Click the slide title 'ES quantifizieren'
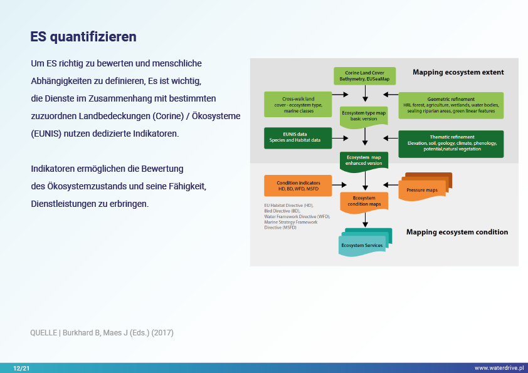tap(83, 37)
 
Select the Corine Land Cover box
tap(364, 76)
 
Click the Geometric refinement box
tap(451, 105)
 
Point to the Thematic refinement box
tap(451, 143)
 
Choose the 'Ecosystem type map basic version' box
tap(364, 115)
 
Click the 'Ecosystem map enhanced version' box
tap(364, 160)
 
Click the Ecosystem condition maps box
tap(364, 201)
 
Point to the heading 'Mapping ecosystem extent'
tap(458, 73)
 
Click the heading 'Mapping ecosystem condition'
tap(457, 232)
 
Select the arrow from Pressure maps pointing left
tap(391, 184)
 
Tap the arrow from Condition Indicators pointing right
tap(339, 185)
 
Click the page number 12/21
tap(21, 368)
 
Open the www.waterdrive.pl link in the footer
tap(499, 368)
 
